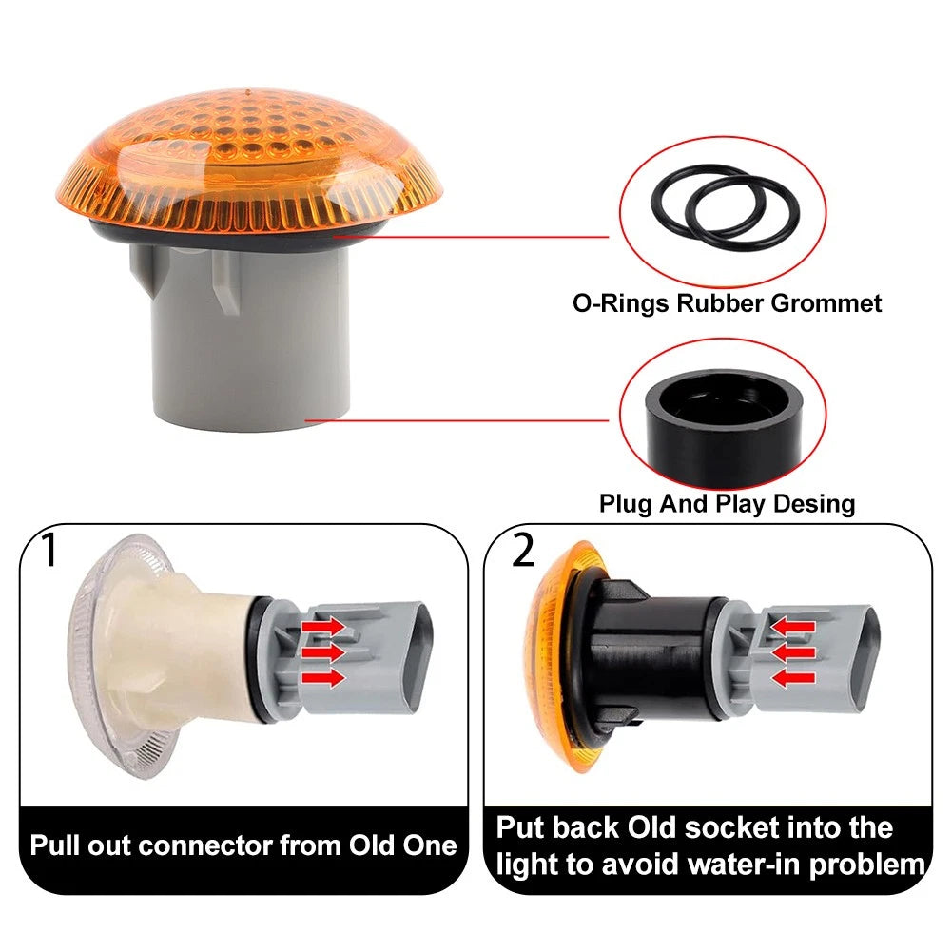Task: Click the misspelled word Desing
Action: (x=814, y=504)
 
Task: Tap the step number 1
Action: (x=50, y=550)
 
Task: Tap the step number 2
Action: (x=523, y=550)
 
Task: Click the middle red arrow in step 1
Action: (x=323, y=652)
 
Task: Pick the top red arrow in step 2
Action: (x=792, y=626)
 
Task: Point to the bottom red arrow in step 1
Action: (x=323, y=678)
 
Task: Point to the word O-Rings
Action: (x=621, y=303)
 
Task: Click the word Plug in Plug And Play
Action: (x=626, y=505)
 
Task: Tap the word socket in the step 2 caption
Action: (x=731, y=828)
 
